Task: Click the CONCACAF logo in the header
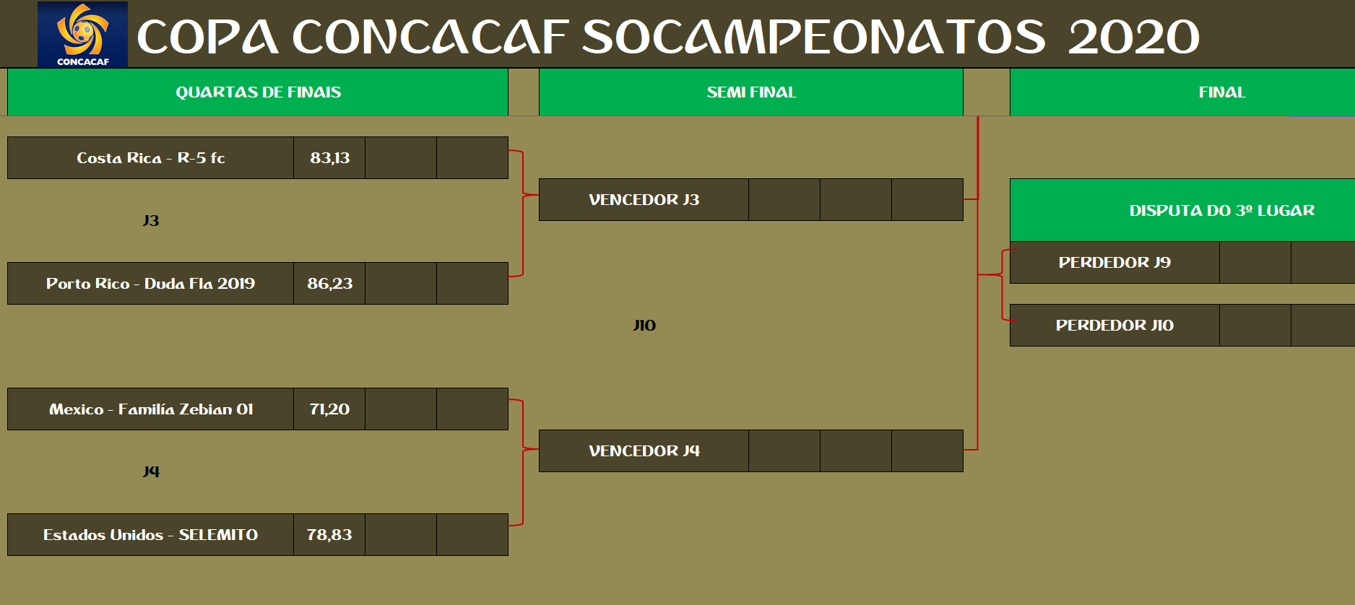[x=82, y=34]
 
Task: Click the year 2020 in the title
[x=1133, y=37]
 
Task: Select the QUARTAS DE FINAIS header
[x=258, y=92]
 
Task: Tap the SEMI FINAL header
[x=751, y=92]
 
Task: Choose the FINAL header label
[x=1222, y=92]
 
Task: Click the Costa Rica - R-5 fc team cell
[x=150, y=158]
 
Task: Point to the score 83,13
[x=329, y=158]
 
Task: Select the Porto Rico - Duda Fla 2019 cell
[x=150, y=284]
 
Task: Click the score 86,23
[x=329, y=284]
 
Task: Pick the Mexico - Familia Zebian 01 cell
[x=150, y=409]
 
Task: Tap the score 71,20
[x=329, y=409]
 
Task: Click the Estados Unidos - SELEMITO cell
[x=150, y=535]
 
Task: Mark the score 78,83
[x=329, y=535]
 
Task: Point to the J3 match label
[x=150, y=221]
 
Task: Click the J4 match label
[x=150, y=472]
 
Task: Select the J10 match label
[x=644, y=326]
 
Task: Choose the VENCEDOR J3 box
[x=644, y=200]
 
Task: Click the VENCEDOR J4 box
[x=644, y=451]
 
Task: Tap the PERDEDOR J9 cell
[x=1114, y=263]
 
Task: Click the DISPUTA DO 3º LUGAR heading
[x=1221, y=211]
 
